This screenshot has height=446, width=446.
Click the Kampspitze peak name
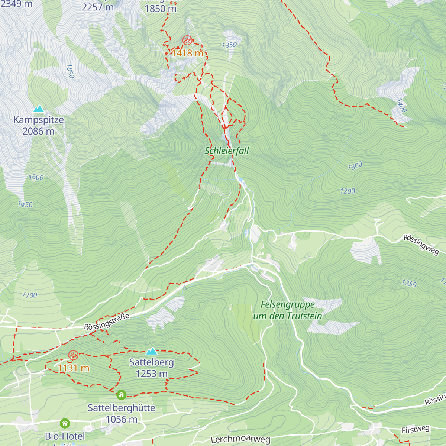[x=39, y=120]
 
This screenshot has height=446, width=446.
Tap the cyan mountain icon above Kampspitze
[x=38, y=109]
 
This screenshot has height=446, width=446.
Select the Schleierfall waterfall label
[x=227, y=151]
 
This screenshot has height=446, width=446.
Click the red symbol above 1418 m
[x=187, y=40]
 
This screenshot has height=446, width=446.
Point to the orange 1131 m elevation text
[x=73, y=368]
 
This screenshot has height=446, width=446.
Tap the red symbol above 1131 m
[x=73, y=355]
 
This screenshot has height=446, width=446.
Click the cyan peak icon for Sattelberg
[x=151, y=351]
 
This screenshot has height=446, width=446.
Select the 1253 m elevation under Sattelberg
[x=152, y=374]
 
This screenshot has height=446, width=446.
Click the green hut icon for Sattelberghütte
[x=122, y=395]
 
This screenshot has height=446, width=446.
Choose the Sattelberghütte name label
[x=122, y=408]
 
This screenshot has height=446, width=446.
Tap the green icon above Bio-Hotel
[x=65, y=423]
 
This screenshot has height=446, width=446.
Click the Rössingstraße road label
[x=107, y=321]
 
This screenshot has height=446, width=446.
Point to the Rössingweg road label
[x=421, y=245]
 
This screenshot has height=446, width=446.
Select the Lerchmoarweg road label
[x=240, y=440]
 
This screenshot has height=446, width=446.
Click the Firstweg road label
[x=416, y=430]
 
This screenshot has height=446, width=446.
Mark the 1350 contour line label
[x=229, y=45]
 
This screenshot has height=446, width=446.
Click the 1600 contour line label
[x=36, y=177]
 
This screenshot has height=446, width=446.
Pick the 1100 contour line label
[x=29, y=295]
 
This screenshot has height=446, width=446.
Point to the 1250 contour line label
[x=409, y=283]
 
